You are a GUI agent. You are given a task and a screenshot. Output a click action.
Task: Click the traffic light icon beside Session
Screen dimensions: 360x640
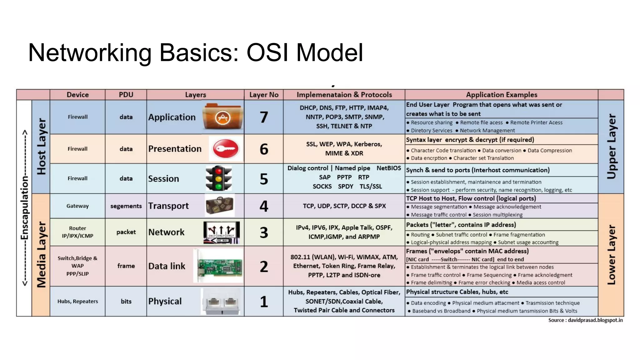point(218,178)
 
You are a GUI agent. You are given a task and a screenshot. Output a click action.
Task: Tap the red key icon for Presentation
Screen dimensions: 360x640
point(226,149)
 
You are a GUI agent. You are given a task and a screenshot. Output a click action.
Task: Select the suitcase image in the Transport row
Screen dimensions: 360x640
point(220,206)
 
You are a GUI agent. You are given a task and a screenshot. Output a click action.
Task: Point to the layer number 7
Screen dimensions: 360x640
point(264,117)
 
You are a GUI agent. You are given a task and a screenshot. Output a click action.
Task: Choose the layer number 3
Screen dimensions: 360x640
point(264,232)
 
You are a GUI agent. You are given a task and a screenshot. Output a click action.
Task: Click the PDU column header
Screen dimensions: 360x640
point(126,95)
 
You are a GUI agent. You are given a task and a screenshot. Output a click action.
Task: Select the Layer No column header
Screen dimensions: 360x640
point(264,95)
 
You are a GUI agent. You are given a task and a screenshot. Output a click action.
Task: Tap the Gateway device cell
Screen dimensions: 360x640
point(77,206)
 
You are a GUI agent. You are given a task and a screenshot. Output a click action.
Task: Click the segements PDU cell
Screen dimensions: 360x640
point(126,206)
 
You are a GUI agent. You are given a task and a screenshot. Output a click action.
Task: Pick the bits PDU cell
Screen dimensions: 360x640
point(126,301)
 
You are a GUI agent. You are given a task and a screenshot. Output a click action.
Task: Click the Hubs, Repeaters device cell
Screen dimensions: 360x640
point(77,301)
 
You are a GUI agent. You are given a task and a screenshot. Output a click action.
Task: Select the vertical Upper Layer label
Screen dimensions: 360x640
point(611,146)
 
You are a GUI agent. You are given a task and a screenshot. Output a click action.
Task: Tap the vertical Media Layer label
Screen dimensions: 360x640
point(41,254)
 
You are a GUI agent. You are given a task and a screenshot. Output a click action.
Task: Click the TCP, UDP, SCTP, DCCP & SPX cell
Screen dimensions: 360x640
point(344,206)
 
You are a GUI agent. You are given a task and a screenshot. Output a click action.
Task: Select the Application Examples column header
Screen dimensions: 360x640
point(501,95)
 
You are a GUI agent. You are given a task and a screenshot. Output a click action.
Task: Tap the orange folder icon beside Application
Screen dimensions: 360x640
point(222,117)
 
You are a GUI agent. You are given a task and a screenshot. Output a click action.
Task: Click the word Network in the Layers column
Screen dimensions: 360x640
point(166,232)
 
